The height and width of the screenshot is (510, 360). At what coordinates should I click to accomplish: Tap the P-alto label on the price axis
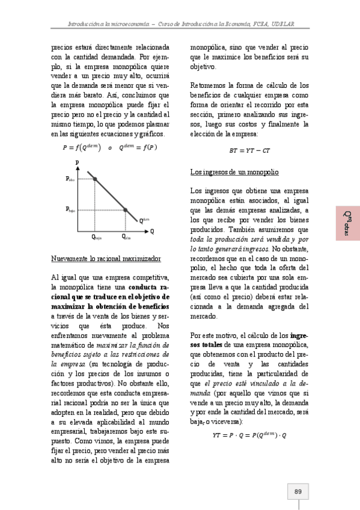[x=70, y=179]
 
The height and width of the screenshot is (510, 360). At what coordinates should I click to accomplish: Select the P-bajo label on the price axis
[x=70, y=210]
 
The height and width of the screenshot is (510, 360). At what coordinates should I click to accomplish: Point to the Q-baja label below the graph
[x=97, y=238]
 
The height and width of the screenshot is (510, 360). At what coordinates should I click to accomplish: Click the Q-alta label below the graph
[x=126, y=238]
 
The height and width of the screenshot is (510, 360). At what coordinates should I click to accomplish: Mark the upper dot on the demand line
[x=96, y=179]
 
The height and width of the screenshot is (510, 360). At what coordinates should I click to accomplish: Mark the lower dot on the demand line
[x=126, y=210]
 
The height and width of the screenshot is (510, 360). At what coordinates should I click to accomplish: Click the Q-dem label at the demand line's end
[x=144, y=221]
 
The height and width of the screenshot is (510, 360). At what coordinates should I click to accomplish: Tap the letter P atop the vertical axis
[x=77, y=163]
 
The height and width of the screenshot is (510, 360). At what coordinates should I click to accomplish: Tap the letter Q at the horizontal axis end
[x=152, y=231]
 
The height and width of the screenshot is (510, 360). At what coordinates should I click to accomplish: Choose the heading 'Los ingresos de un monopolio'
[x=234, y=173]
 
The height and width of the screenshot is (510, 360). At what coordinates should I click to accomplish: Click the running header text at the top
[x=180, y=23]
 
